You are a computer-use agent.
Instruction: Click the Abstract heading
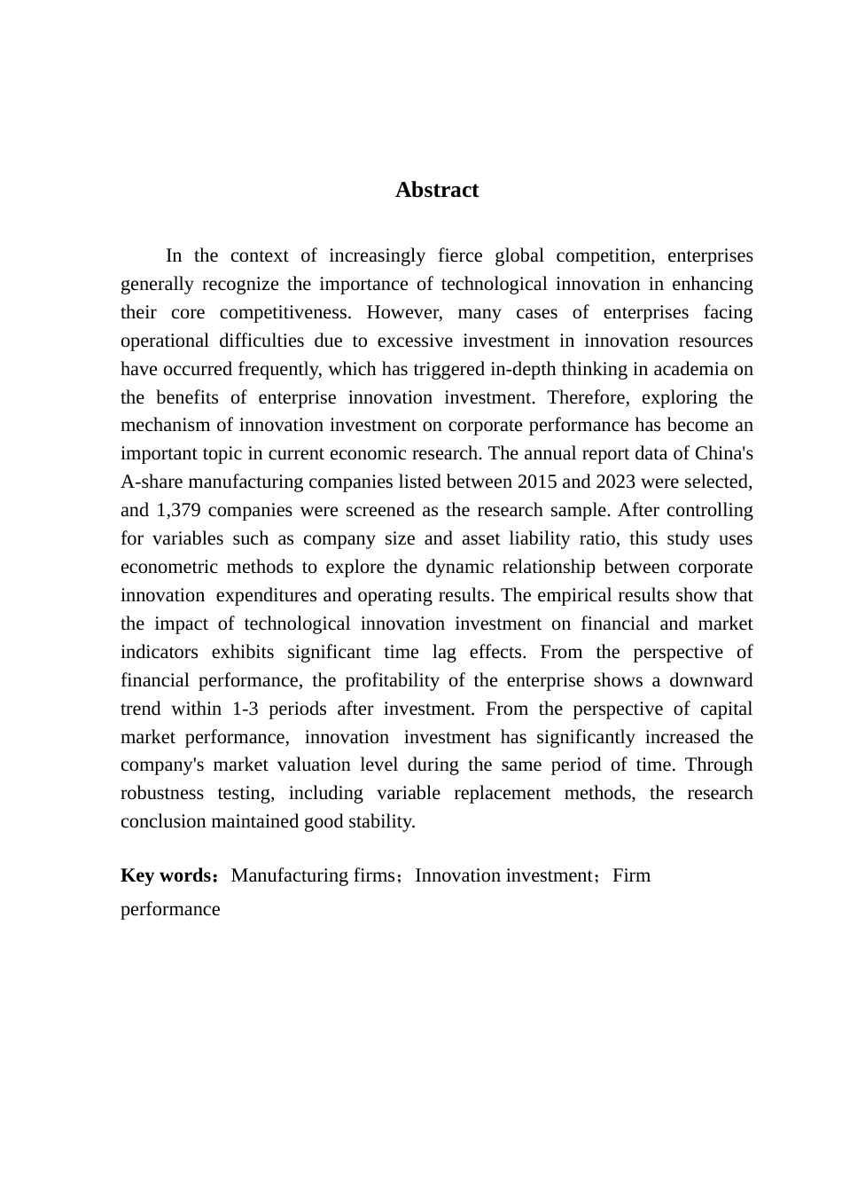tap(436, 190)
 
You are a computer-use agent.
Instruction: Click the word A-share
tap(151, 482)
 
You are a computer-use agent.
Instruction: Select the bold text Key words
tap(166, 875)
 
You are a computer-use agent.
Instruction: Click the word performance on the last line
tap(170, 909)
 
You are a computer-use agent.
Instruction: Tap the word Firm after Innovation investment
tap(631, 875)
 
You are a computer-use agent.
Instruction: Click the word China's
tap(724, 453)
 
